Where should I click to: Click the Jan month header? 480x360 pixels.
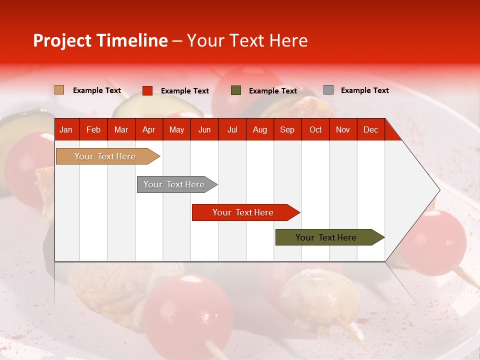(66, 129)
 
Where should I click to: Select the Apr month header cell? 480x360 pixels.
(148, 129)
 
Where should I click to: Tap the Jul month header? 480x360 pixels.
(232, 129)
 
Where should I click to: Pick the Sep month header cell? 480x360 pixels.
(287, 129)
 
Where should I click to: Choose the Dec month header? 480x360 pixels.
(370, 129)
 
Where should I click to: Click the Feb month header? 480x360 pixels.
(93, 129)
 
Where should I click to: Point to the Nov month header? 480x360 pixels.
(342, 129)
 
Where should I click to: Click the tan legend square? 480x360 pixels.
(59, 90)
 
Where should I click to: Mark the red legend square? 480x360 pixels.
(147, 90)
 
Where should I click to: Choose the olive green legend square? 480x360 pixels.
(236, 90)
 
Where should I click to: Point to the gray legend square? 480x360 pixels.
(328, 90)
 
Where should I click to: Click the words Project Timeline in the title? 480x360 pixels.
(100, 40)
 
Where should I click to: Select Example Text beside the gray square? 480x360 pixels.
(364, 90)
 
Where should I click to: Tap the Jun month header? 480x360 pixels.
(204, 129)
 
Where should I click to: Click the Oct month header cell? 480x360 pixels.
(315, 129)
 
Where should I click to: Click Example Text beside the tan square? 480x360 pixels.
(97, 90)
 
